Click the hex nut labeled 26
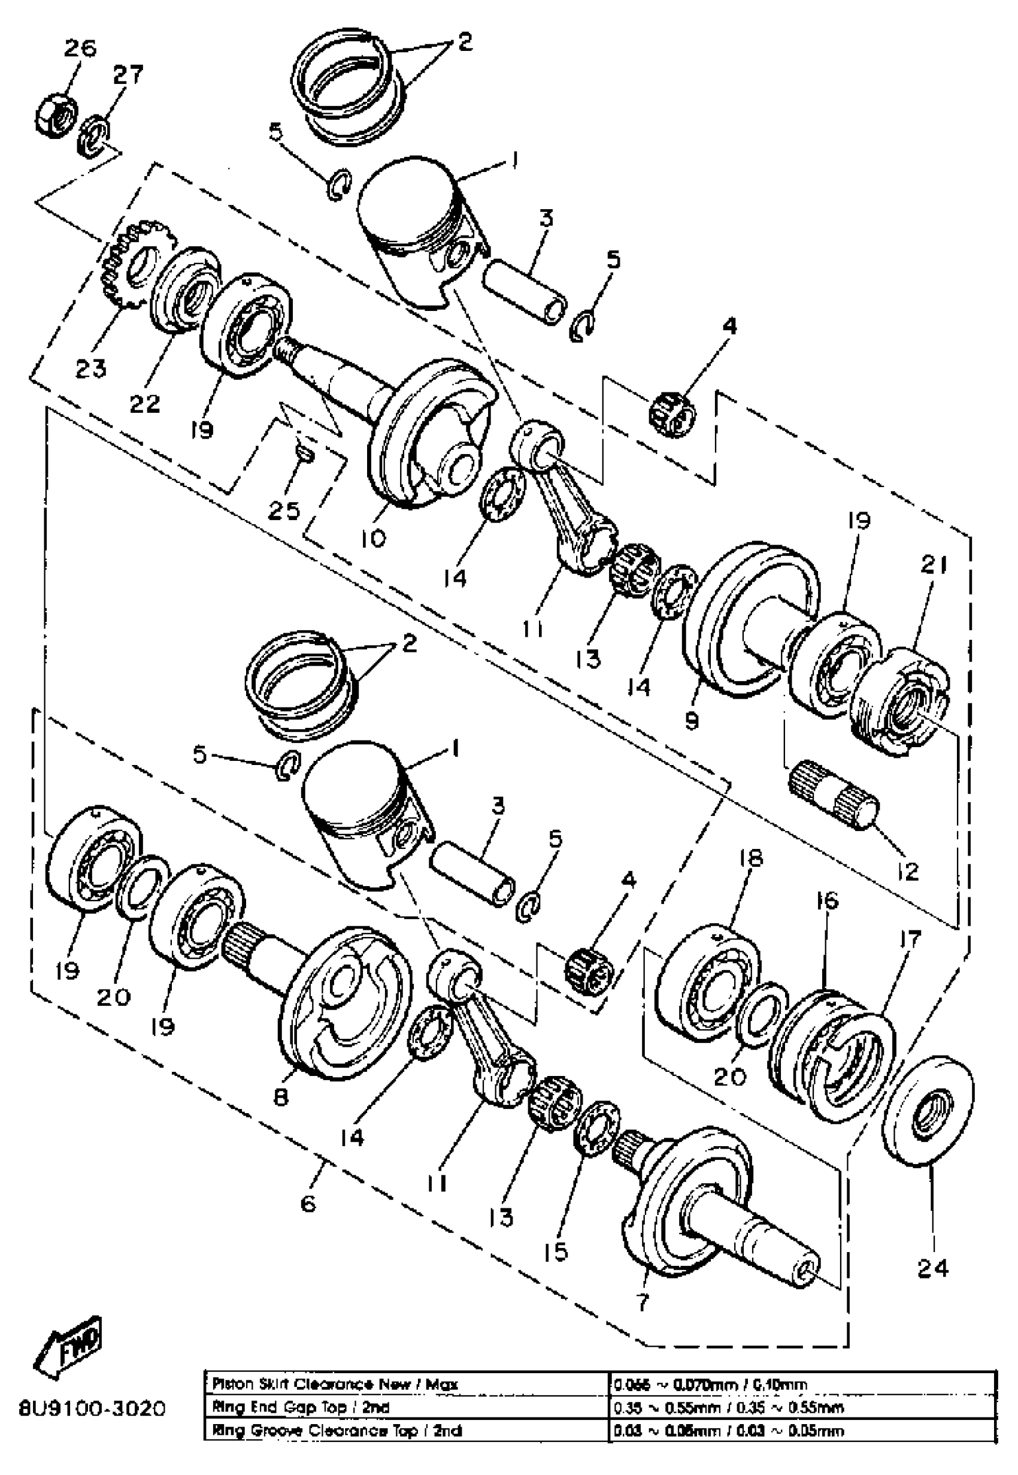coord(55,115)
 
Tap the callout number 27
coord(128,75)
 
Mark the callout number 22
coord(145,403)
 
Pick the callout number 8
coord(281,1096)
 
